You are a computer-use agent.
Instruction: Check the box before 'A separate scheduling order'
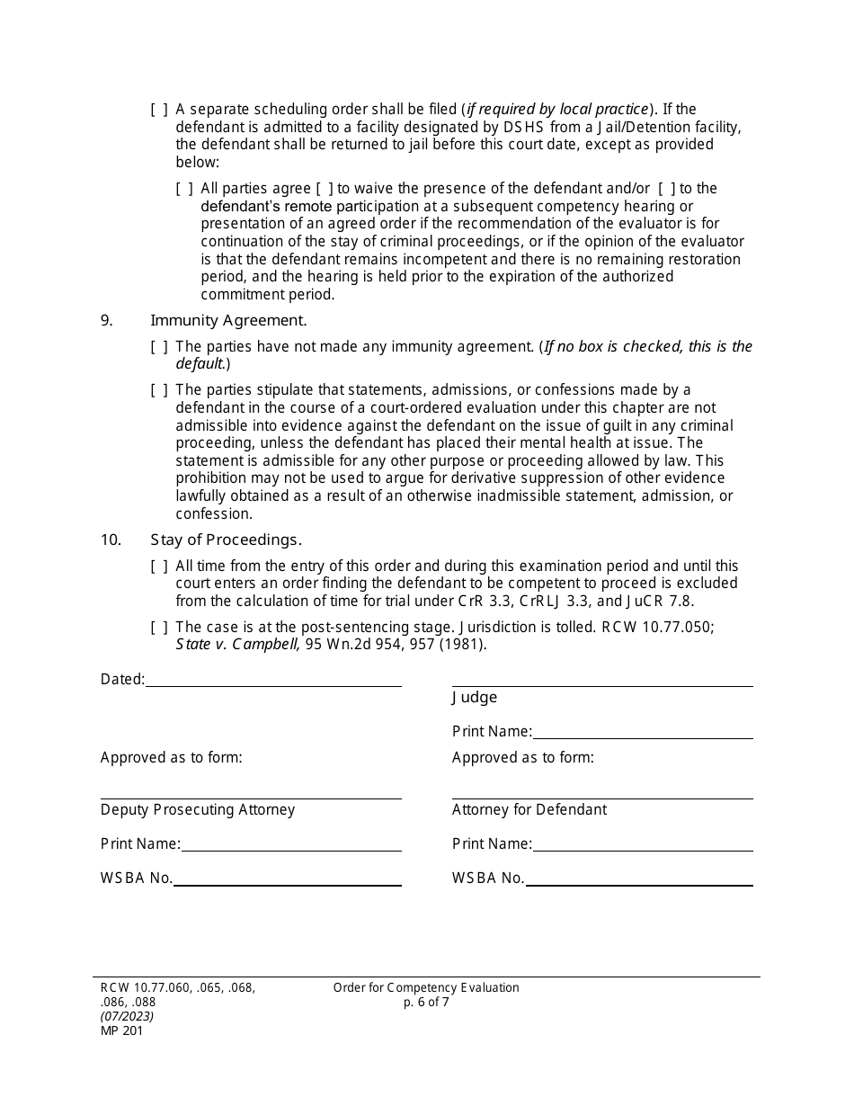tap(158, 110)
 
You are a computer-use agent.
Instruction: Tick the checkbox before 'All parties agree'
tap(183, 189)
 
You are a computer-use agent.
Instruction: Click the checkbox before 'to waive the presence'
tap(325, 189)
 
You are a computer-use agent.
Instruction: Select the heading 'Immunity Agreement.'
tap(228, 320)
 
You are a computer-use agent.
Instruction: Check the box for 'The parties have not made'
tap(158, 347)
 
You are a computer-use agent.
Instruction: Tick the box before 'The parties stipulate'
tap(158, 390)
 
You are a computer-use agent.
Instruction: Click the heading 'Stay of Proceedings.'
tap(226, 540)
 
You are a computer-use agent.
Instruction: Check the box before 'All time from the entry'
tap(158, 566)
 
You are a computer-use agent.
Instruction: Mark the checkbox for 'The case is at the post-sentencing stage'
tap(158, 628)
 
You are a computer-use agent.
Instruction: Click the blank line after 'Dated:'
tap(273, 680)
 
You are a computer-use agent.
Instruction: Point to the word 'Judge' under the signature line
tap(474, 698)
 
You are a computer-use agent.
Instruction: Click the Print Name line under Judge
tap(642, 732)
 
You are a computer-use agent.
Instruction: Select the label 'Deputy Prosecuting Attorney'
tap(198, 810)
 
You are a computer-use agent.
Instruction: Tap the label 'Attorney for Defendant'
tap(529, 810)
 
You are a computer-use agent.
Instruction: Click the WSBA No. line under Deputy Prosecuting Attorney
tap(287, 879)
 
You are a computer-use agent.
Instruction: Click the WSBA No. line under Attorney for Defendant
tap(638, 879)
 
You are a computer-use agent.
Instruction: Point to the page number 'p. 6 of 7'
tap(426, 1003)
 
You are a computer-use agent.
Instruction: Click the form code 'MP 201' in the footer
tap(121, 1031)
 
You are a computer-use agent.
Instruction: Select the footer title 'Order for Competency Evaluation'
tap(426, 988)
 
